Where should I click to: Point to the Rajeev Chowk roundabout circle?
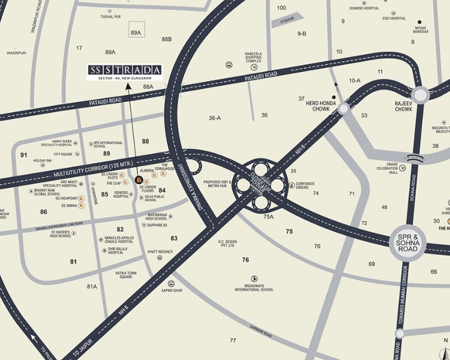[x=419, y=95]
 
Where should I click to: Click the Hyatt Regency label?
[x=160, y=252]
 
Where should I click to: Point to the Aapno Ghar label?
[x=171, y=290]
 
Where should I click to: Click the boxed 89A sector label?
[x=136, y=32]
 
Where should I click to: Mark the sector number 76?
[x=245, y=260]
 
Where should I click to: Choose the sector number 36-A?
[x=215, y=118]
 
